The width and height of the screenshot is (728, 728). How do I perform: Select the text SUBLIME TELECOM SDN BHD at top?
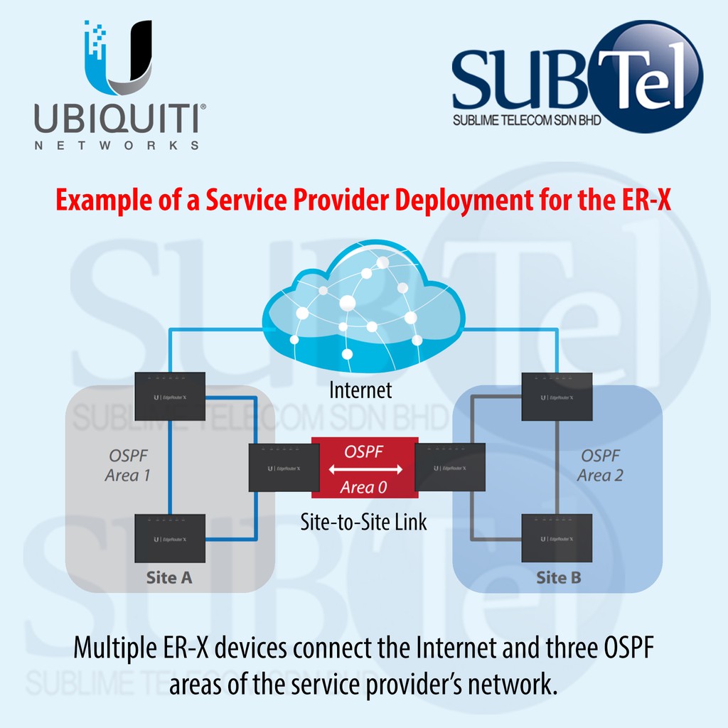point(527,121)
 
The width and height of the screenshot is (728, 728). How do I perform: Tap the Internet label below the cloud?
point(360,390)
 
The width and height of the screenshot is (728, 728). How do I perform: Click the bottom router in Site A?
point(170,538)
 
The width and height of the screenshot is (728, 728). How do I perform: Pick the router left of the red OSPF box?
point(284,467)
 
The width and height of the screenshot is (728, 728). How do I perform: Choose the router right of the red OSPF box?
point(450,467)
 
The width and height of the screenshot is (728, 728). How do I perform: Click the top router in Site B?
point(557,396)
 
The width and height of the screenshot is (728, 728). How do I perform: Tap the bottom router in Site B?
point(557,538)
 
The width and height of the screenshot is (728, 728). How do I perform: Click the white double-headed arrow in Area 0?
point(366,469)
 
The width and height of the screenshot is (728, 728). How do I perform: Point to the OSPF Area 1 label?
point(128,465)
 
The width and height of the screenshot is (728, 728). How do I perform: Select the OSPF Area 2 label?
point(601,465)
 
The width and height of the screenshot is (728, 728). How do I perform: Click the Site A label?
point(169,577)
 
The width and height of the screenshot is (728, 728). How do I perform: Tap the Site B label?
point(558,577)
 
